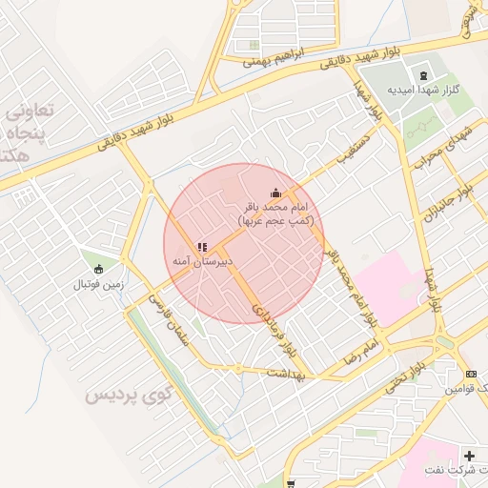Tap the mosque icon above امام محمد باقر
pyautogui.click(x=276, y=193)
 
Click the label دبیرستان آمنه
pyautogui.click(x=202, y=260)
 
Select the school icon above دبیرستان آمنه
pyautogui.click(x=201, y=247)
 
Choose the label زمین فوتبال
pyautogui.click(x=97, y=283)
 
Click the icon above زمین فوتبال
pyautogui.click(x=99, y=268)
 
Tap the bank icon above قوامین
pyautogui.click(x=471, y=374)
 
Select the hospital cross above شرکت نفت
pyautogui.click(x=468, y=456)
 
